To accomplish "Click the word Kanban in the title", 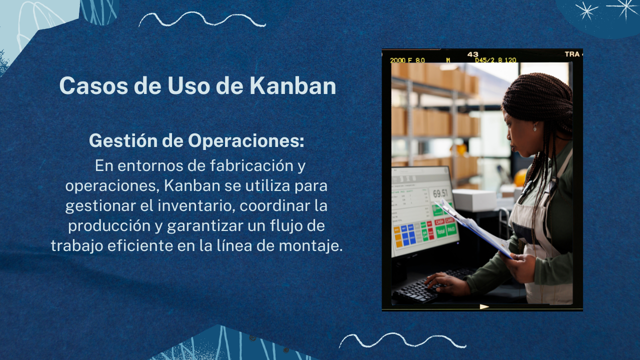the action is (x=293, y=85).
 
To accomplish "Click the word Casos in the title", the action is (x=93, y=85).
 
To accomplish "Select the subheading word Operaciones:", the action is (x=246, y=140).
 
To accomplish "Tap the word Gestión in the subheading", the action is (x=123, y=140).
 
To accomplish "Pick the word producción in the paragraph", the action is (x=109, y=226).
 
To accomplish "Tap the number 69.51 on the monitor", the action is (x=440, y=193).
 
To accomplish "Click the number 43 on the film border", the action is (x=473, y=54).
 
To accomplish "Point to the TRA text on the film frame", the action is (x=572, y=54).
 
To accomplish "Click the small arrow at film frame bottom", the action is (x=484, y=306).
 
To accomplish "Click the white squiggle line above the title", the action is (x=202, y=19).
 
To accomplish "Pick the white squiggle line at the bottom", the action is (x=403, y=340).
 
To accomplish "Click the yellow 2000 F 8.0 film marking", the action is (x=407, y=60).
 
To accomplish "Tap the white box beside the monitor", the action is (x=474, y=200).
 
